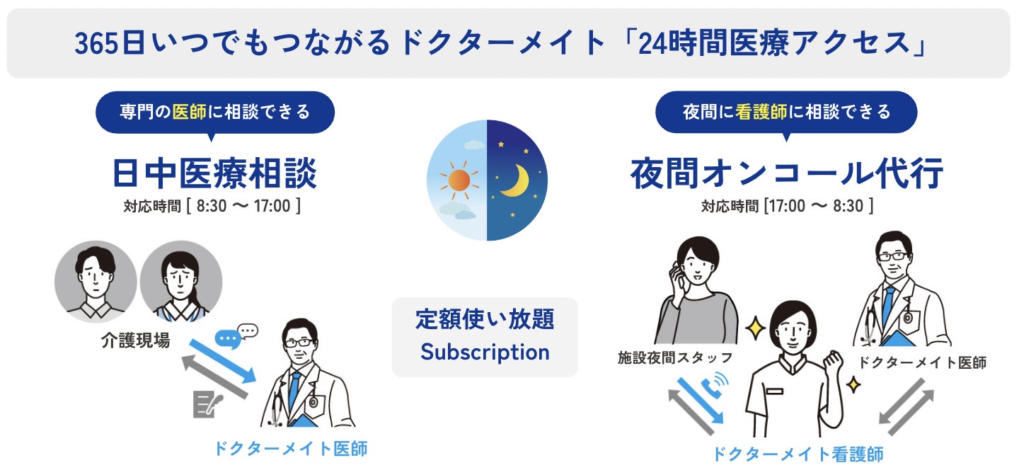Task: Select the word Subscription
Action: [x=485, y=352]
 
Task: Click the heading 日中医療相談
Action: [x=214, y=174]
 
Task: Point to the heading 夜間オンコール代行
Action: [x=787, y=174]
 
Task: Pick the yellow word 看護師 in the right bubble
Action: [x=760, y=112]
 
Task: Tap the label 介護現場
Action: [x=134, y=341]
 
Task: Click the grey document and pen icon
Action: [x=207, y=403]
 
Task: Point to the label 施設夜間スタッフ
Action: [x=675, y=358]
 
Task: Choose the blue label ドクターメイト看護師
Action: [x=797, y=454]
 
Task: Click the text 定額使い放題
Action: [x=485, y=319]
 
